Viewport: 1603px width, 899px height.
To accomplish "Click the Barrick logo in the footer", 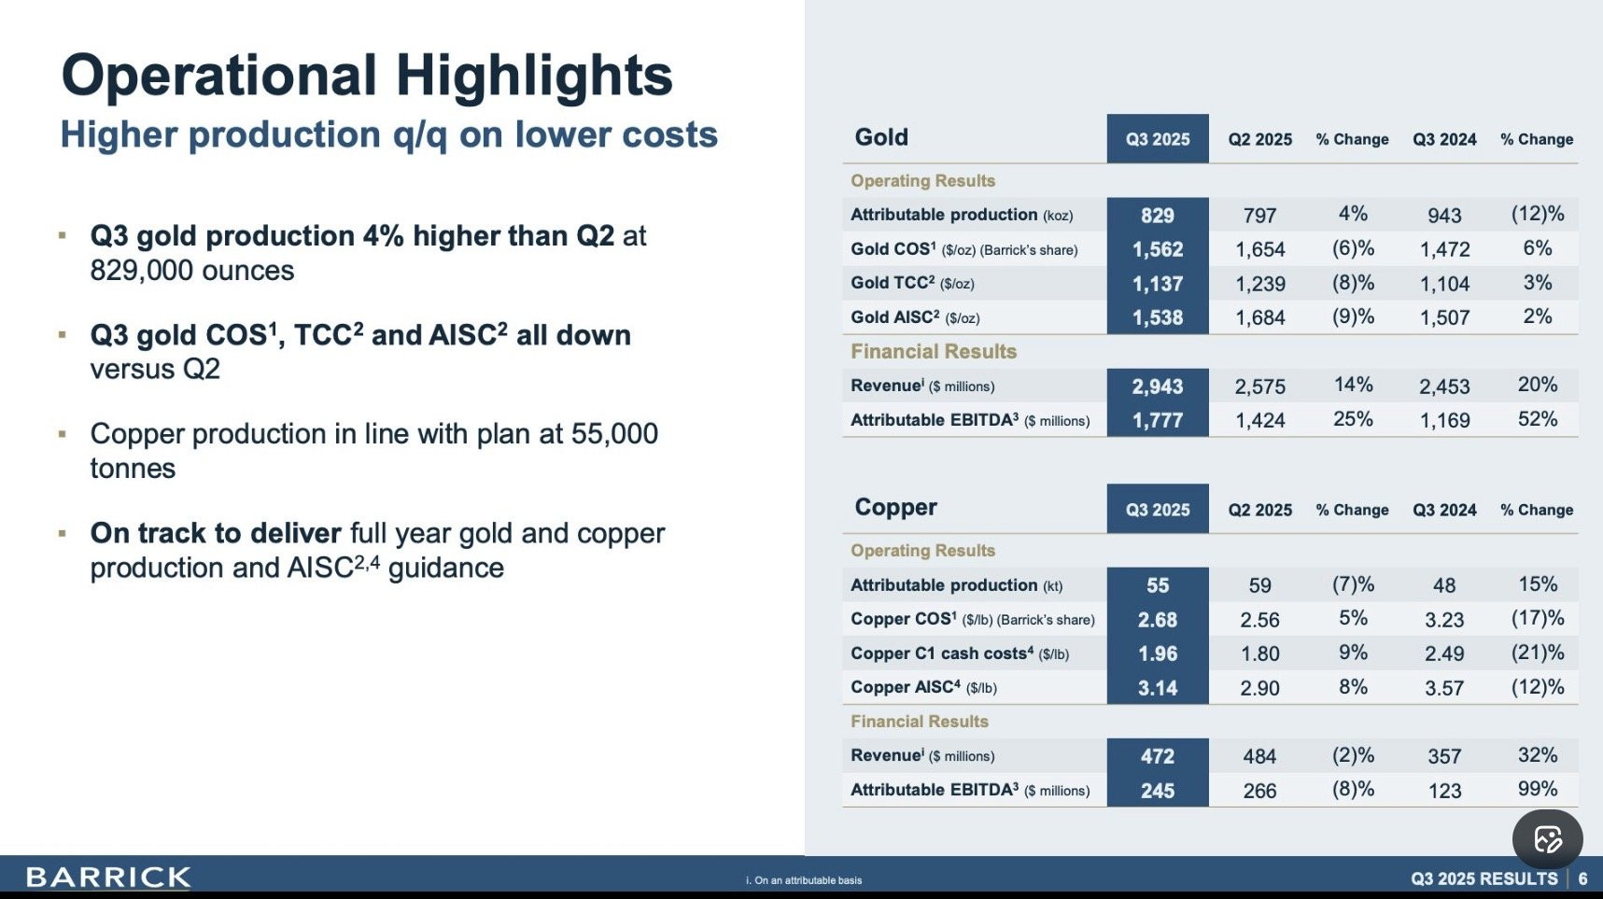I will point(108,878).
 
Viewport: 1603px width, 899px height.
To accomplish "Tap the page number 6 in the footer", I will point(1582,878).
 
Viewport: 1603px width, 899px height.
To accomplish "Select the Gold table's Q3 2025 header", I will point(1158,139).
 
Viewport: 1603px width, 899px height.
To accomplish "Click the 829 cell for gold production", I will point(1158,216).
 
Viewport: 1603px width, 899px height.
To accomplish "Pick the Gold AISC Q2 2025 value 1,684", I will point(1259,318).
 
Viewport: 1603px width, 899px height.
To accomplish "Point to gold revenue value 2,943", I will point(1158,386).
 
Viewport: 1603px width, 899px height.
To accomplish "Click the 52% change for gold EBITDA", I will point(1538,419).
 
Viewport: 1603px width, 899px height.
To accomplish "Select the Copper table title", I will point(895,507).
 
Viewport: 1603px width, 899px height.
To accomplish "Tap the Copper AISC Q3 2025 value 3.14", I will point(1158,688).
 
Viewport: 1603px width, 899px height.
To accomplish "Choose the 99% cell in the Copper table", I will point(1538,789).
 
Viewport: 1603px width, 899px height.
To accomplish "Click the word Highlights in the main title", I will point(534,76).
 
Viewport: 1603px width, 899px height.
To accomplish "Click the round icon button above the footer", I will point(1547,839).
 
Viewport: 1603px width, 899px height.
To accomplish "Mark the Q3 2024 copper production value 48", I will point(1444,585).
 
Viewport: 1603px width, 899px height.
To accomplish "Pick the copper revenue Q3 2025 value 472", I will point(1158,756).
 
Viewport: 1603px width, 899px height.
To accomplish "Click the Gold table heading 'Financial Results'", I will point(934,352).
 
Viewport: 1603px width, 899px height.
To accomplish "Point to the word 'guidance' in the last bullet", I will point(446,568).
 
